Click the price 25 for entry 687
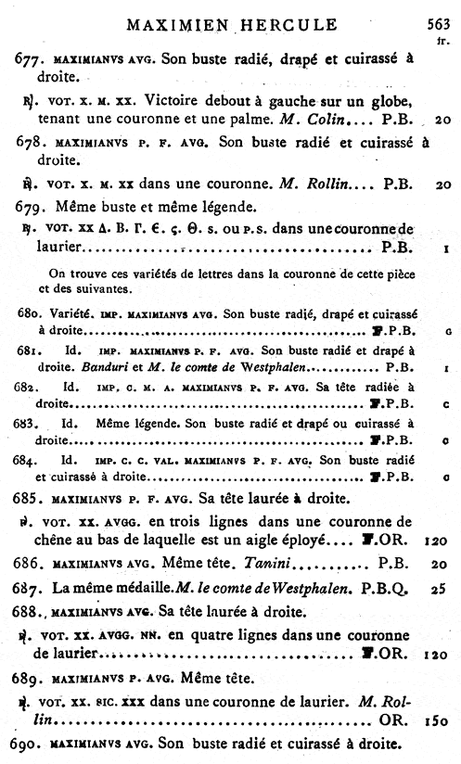(x=440, y=587)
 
